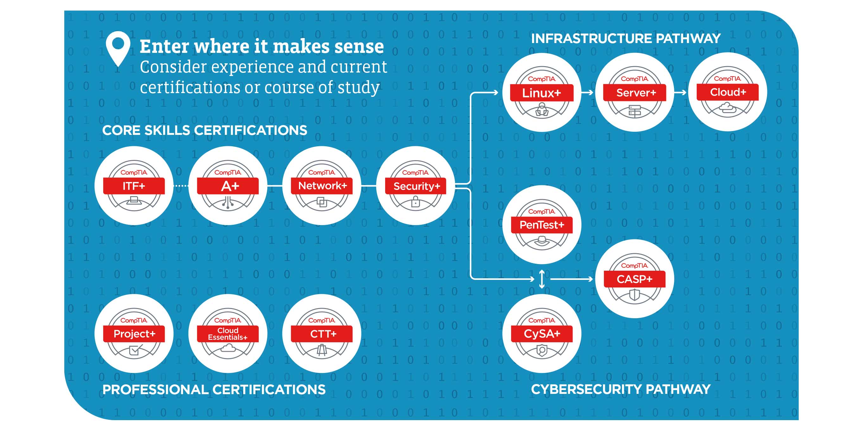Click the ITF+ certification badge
[134, 186]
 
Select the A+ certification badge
[228, 186]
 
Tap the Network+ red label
[322, 186]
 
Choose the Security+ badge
[416, 186]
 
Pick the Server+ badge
[635, 92]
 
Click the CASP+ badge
[635, 279]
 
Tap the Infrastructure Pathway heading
[625, 39]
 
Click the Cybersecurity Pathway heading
[620, 389]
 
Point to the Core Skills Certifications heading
[204, 130]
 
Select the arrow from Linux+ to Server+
[587, 92]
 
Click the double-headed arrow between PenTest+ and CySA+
[542, 279]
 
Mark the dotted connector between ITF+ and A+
[181, 186]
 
